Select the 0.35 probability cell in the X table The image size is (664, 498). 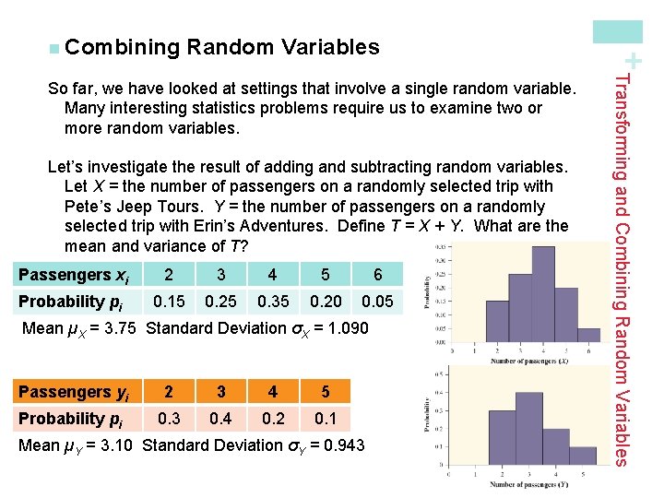coord(272,302)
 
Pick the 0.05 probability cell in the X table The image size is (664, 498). coord(377,302)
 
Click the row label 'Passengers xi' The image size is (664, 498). coord(73,275)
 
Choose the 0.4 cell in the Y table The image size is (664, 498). coord(219,419)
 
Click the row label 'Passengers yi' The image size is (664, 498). coord(73,392)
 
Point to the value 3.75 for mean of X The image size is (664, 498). coord(121,328)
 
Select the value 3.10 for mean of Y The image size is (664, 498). coord(117,445)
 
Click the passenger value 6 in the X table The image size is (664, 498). coord(377,275)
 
